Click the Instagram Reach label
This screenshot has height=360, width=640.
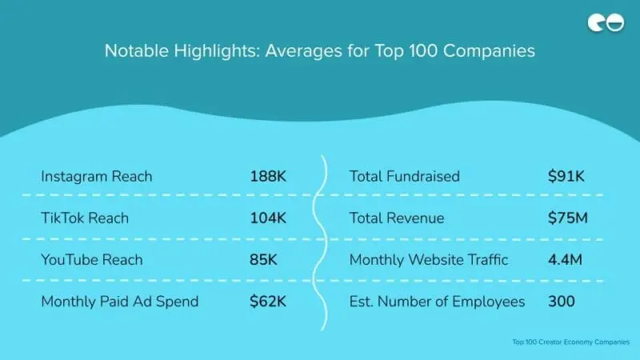(96, 176)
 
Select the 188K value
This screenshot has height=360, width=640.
(267, 176)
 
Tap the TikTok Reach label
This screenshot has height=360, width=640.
(84, 218)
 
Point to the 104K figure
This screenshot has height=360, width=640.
(267, 218)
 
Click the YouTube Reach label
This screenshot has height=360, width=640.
(91, 259)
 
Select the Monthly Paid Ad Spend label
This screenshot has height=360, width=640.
(119, 301)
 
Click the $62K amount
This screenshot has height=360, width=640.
(266, 301)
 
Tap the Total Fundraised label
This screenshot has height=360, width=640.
(404, 176)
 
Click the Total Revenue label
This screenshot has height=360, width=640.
(396, 218)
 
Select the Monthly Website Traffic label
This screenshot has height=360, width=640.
(428, 259)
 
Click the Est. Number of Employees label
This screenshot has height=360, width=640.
(437, 301)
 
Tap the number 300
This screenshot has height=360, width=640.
(562, 301)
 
